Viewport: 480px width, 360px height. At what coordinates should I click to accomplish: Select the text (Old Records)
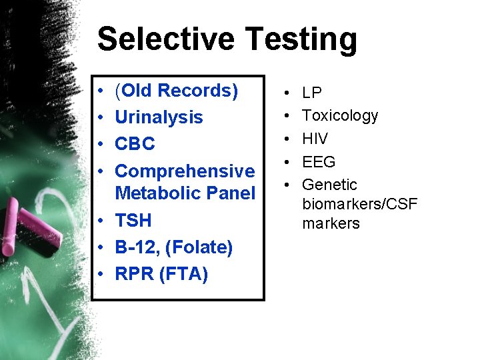coord(177,91)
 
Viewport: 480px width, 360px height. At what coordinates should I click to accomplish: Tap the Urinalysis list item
coord(159,118)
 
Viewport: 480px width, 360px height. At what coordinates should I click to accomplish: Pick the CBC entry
coord(135,144)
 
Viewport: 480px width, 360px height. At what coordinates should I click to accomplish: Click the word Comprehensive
coord(185,171)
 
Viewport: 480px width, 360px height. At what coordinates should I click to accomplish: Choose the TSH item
coord(133,221)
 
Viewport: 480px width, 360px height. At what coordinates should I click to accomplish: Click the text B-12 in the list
coord(135,248)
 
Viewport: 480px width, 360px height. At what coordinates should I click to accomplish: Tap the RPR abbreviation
coord(135,274)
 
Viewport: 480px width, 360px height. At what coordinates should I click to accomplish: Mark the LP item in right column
coord(312,93)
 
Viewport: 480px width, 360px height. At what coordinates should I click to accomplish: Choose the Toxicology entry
coord(340,116)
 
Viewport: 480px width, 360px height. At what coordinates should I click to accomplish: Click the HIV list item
coord(315,139)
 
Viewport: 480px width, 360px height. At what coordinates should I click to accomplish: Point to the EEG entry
coord(319,162)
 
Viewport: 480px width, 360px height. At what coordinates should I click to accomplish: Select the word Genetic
coord(329,185)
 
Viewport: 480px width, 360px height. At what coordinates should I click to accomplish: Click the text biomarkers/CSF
coord(359,204)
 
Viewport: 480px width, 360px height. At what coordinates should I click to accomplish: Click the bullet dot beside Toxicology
coord(286,116)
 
